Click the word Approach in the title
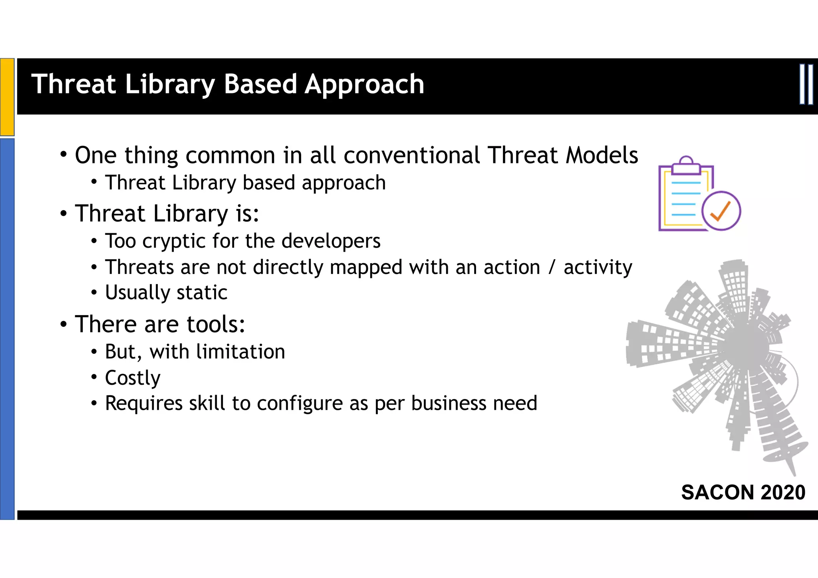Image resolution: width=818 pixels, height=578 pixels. coord(364,85)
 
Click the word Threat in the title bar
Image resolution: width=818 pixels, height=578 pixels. coord(73,84)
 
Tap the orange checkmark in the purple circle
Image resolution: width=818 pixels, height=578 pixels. coord(721,211)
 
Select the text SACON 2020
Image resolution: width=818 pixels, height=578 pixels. coord(743,492)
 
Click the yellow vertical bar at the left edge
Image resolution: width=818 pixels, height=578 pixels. coord(7,97)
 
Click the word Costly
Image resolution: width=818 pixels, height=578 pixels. coord(133,378)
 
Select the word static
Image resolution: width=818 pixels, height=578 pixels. coord(202,292)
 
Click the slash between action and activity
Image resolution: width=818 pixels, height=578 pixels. coord(552,267)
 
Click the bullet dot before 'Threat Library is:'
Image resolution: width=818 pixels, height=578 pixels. coord(64,214)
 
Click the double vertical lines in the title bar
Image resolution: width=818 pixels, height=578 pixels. coord(806,85)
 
